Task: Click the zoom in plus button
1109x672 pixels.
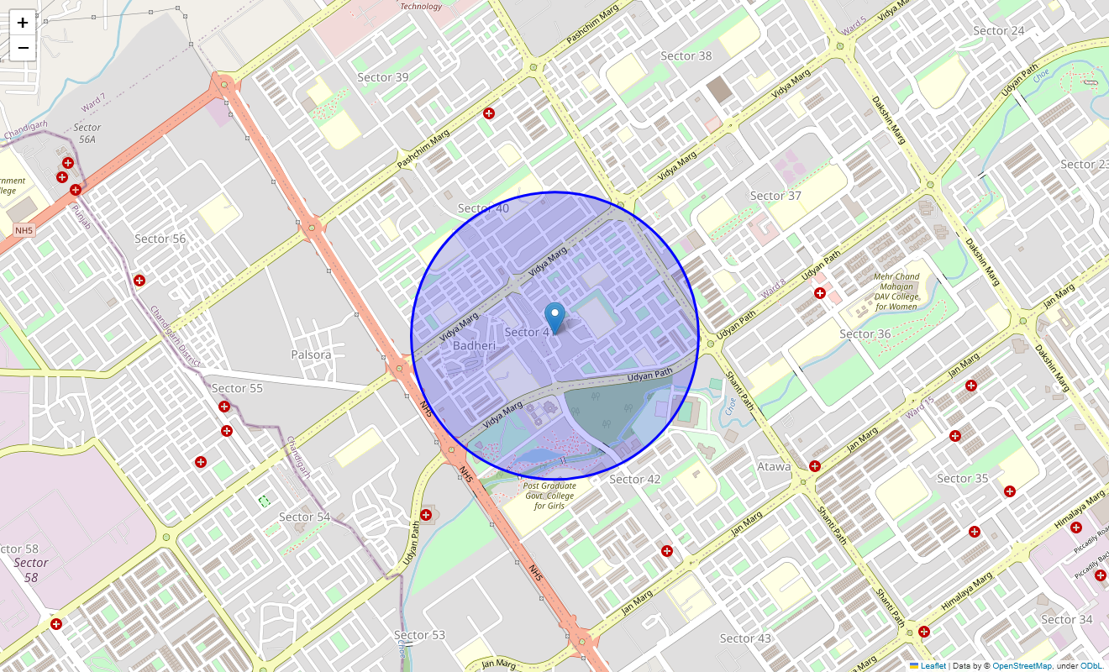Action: click(x=23, y=23)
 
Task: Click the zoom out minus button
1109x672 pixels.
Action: click(x=23, y=48)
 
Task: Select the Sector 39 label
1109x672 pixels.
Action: click(x=383, y=77)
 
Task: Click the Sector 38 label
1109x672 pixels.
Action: click(x=686, y=56)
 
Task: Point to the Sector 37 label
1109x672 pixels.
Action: click(x=775, y=196)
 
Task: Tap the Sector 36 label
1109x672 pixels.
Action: click(x=865, y=333)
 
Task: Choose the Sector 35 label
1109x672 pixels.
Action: click(x=962, y=479)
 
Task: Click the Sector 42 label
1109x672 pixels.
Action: click(x=634, y=480)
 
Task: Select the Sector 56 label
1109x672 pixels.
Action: click(x=160, y=239)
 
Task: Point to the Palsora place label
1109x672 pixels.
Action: click(x=311, y=354)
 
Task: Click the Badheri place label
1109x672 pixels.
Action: click(x=474, y=345)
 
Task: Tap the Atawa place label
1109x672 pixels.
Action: click(x=774, y=466)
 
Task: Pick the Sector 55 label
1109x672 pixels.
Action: click(x=237, y=388)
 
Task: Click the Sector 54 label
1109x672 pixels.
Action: click(x=304, y=517)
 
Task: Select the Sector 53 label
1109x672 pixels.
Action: click(x=419, y=635)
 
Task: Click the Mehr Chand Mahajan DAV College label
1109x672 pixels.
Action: click(x=896, y=291)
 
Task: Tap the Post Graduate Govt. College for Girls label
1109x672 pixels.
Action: click(x=549, y=496)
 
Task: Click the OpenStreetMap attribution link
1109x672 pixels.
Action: click(x=1022, y=666)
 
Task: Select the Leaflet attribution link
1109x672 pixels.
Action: click(x=933, y=666)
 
